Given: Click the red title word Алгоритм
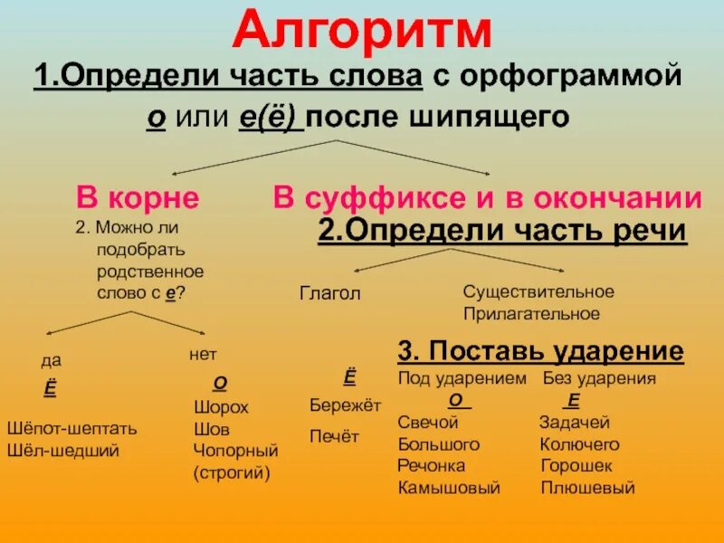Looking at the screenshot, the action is click(x=362, y=33).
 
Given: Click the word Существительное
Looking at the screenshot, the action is click(x=538, y=291).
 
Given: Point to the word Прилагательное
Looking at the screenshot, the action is click(x=531, y=314).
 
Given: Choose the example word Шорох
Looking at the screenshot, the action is click(x=221, y=407).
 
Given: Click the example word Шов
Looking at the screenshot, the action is click(x=212, y=428).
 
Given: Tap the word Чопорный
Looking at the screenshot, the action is click(x=236, y=450).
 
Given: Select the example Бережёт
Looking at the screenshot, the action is click(x=346, y=405).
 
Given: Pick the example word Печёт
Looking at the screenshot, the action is click(x=335, y=436).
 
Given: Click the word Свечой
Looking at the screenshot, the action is click(x=428, y=423).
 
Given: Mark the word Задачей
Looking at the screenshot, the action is click(x=575, y=423).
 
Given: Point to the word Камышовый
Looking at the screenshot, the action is click(x=449, y=488).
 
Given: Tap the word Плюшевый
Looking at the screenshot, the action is click(x=587, y=488).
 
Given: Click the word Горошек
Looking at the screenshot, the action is click(x=576, y=466).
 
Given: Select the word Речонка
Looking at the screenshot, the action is click(x=432, y=466).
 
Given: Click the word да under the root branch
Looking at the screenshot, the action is click(x=51, y=360).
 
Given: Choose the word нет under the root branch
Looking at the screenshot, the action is click(x=203, y=354).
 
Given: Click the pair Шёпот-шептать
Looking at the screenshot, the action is click(x=71, y=428).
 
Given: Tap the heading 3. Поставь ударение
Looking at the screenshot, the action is click(x=540, y=351).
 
